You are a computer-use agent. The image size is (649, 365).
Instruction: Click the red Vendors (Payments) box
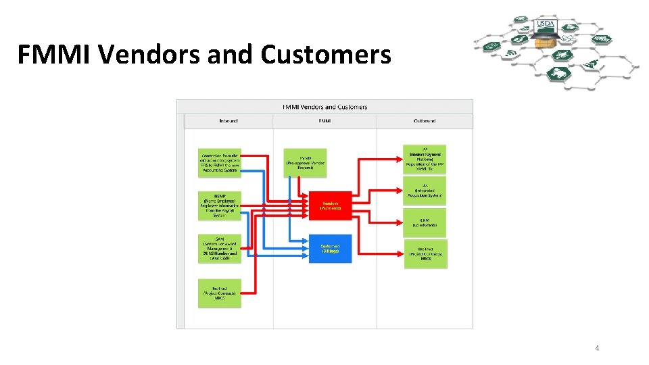[x=331, y=205]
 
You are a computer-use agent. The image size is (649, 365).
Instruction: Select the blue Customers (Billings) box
[x=331, y=249]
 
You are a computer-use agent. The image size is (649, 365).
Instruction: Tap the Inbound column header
[x=228, y=121]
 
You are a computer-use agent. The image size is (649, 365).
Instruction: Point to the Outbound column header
[x=425, y=121]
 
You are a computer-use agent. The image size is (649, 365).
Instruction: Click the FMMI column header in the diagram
[x=324, y=121]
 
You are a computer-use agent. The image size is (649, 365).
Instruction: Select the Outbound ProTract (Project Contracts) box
[x=426, y=253]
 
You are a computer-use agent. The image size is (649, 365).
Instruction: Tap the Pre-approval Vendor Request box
[x=305, y=163]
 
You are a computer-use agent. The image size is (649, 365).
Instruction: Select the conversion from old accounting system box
[x=220, y=163]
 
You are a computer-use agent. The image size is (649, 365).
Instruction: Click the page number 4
[x=597, y=348]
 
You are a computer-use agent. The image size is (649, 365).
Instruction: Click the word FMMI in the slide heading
[x=55, y=54]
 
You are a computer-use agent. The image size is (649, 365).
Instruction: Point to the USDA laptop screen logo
[x=546, y=24]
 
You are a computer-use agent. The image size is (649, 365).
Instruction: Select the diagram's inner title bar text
[x=324, y=107]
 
